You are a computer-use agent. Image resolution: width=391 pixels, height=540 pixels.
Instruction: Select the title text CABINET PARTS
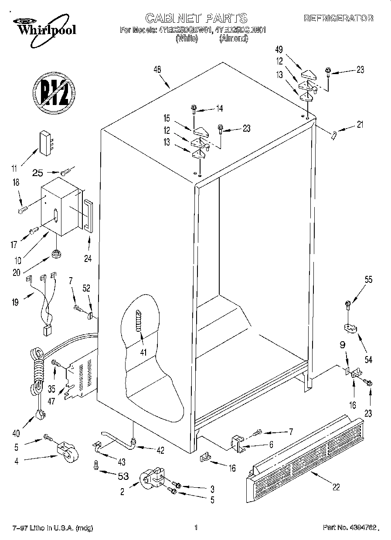pyautogui.click(x=196, y=18)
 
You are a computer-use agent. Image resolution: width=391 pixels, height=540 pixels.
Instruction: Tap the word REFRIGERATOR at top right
pyautogui.click(x=338, y=18)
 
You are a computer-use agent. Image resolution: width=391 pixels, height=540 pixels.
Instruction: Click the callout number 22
pyautogui.click(x=336, y=487)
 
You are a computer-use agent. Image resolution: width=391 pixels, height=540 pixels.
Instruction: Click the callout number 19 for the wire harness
pyautogui.click(x=15, y=301)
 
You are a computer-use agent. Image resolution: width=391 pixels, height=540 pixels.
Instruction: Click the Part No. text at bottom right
pyautogui.click(x=348, y=528)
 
